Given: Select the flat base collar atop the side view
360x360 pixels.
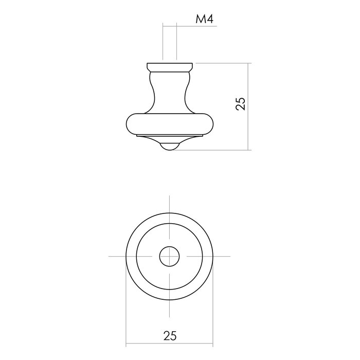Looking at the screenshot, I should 170,66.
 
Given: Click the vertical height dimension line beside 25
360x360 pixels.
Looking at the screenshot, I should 250,129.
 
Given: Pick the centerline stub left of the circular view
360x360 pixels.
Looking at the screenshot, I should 116,256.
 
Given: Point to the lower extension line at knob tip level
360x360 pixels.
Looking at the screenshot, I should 216,150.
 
